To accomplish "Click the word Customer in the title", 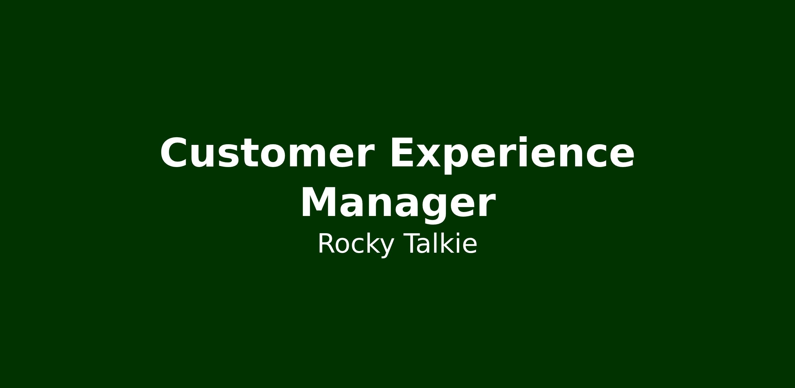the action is [x=267, y=153].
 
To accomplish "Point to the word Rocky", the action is [x=356, y=245].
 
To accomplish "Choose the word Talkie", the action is [x=441, y=243].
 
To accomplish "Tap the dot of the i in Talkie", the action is [x=459, y=234].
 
